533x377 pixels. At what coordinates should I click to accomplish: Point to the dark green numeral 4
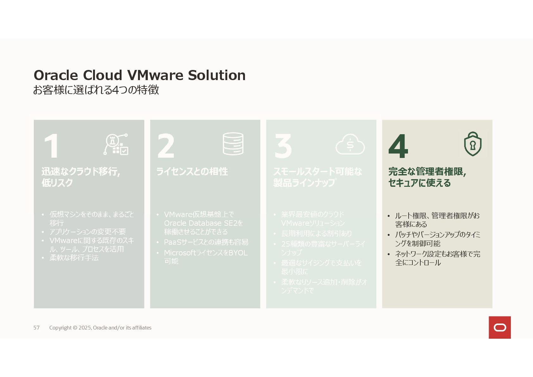(x=398, y=146)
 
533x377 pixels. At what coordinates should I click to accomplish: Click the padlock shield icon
(x=473, y=144)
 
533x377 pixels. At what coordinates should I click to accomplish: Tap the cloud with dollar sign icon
(x=350, y=144)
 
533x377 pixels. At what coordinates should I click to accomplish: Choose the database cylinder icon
(x=233, y=144)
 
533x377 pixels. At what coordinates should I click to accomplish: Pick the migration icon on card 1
(x=116, y=144)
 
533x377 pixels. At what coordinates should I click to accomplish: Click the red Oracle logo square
(x=499, y=327)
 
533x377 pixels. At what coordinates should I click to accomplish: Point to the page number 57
(x=36, y=328)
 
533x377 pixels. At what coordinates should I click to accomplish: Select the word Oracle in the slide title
(x=56, y=75)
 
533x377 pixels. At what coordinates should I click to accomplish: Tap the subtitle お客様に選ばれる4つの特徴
(x=96, y=90)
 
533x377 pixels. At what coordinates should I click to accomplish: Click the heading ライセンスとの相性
(x=192, y=172)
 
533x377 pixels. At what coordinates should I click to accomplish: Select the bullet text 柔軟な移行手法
(x=74, y=258)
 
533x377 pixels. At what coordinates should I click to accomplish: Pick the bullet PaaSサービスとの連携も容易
(x=206, y=242)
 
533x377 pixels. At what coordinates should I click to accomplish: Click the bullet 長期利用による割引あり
(x=317, y=234)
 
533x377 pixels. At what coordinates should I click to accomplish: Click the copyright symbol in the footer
(x=75, y=328)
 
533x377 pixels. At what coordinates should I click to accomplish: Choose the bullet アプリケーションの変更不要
(x=88, y=232)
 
